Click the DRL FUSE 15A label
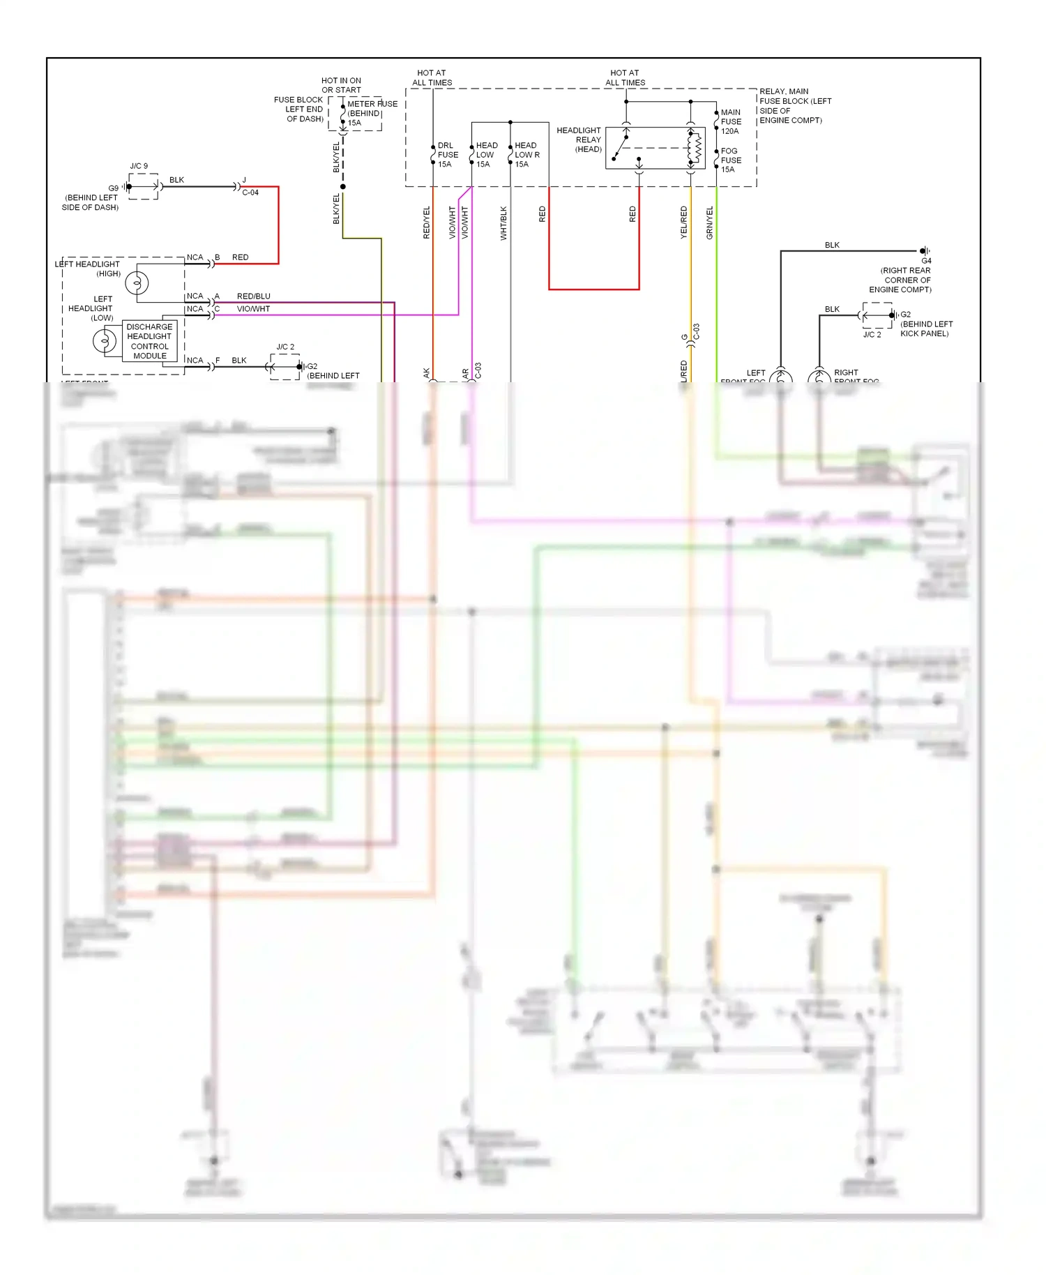click(x=447, y=155)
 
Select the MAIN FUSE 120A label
click(x=730, y=121)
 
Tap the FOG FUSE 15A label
click(x=730, y=160)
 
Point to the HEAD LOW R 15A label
click(x=526, y=155)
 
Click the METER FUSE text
click(x=372, y=104)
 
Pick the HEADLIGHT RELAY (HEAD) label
click(x=579, y=139)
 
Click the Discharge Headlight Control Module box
click(x=149, y=341)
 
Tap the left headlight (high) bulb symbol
click(x=137, y=283)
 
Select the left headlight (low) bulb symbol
click(x=105, y=341)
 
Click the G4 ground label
click(x=926, y=261)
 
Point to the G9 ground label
click(x=113, y=188)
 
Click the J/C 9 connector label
click(x=139, y=166)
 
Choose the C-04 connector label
click(x=250, y=193)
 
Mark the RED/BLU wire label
click(x=253, y=296)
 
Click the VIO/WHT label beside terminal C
click(x=253, y=309)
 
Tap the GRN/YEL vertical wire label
click(x=710, y=223)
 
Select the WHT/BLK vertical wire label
click(x=503, y=223)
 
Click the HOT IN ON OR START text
click(x=341, y=85)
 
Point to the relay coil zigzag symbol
click(x=696, y=148)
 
